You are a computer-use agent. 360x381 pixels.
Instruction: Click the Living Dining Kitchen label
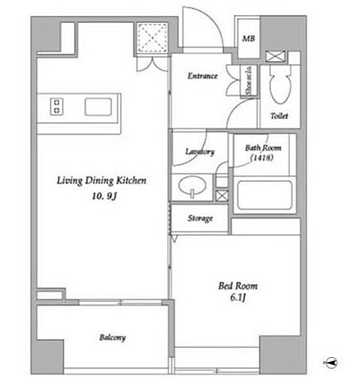pyautogui.click(x=102, y=181)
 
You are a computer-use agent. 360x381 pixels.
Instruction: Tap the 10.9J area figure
pyautogui.click(x=104, y=196)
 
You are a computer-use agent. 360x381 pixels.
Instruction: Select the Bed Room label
pyautogui.click(x=238, y=286)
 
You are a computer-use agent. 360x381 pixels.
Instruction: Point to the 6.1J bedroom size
pyautogui.click(x=238, y=298)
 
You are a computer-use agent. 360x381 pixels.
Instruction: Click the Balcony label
pyautogui.click(x=112, y=337)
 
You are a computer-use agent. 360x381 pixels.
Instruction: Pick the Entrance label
pyautogui.click(x=203, y=76)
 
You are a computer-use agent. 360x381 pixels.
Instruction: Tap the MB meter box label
pyautogui.click(x=249, y=39)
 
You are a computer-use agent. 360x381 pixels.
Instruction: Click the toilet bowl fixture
pyautogui.click(x=281, y=84)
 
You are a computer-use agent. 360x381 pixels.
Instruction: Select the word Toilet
pyautogui.click(x=279, y=116)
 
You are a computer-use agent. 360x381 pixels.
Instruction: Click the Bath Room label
pyautogui.click(x=263, y=148)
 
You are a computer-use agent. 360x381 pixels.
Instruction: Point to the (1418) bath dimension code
pyautogui.click(x=261, y=158)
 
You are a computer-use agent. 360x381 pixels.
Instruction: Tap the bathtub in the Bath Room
pyautogui.click(x=265, y=195)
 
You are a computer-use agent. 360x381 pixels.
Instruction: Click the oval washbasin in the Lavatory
pyautogui.click(x=192, y=185)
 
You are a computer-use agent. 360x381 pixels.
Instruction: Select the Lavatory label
pyautogui.click(x=199, y=152)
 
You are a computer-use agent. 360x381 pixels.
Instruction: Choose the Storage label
pyautogui.click(x=200, y=218)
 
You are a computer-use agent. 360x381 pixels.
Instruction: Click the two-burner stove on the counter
pyautogui.click(x=56, y=106)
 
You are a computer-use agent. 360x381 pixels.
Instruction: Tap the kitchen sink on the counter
pyautogui.click(x=98, y=106)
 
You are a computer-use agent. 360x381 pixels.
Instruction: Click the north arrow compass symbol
pyautogui.click(x=331, y=362)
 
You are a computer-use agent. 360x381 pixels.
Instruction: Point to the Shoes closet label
pyautogui.click(x=249, y=81)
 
